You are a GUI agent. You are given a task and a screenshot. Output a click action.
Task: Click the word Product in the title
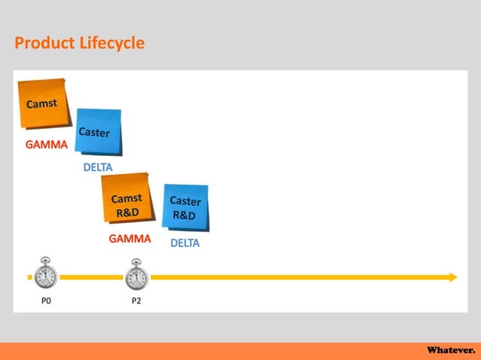[44, 44]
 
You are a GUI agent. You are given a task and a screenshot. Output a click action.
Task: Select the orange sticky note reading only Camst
[41, 105]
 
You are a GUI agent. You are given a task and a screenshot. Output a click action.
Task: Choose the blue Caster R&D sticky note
[185, 208]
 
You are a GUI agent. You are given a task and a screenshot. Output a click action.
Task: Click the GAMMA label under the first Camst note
[46, 145]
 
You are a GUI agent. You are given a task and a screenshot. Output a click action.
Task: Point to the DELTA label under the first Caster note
[97, 167]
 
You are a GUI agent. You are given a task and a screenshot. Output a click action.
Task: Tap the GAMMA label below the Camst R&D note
[130, 239]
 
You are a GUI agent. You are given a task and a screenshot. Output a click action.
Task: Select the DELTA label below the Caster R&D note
[185, 243]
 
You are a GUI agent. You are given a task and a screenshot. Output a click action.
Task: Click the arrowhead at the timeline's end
[452, 277]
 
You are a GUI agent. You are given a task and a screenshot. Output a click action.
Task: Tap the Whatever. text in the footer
[451, 351]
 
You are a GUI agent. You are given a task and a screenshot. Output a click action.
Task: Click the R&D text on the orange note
[127, 212]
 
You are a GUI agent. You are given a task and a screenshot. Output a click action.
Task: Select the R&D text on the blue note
[184, 215]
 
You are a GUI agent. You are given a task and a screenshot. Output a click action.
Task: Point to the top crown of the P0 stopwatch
[45, 260]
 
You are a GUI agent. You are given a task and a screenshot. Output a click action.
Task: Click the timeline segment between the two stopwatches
[90, 277]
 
